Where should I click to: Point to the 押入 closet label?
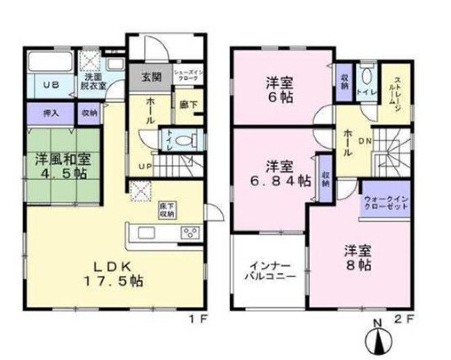point(50,114)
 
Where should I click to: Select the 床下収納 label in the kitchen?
point(166,210)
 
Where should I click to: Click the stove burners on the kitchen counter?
point(189,233)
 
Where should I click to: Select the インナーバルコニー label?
point(270,272)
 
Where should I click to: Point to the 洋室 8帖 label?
point(359,257)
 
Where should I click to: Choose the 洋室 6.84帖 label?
point(280,174)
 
